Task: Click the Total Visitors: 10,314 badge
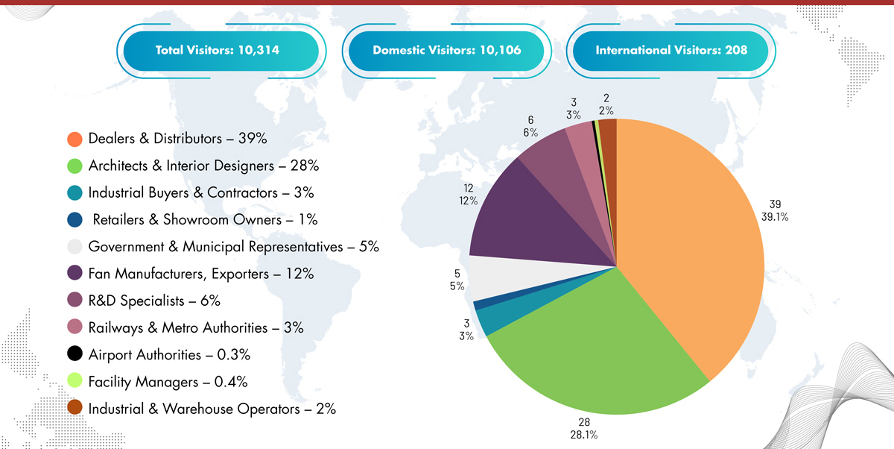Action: point(221,51)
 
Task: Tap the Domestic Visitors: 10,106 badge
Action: point(446,51)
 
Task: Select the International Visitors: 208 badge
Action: point(671,51)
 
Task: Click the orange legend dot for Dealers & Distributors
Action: point(74,139)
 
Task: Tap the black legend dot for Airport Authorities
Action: point(74,354)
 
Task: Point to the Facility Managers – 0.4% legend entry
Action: point(168,381)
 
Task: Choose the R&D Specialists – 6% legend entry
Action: point(154,301)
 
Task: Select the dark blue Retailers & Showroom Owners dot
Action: point(74,219)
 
